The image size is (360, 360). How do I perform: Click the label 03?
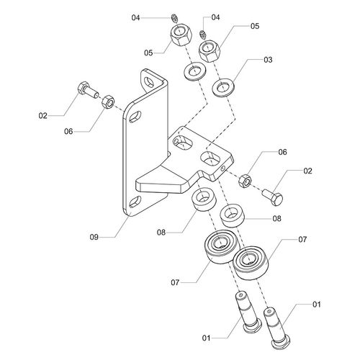[268, 60]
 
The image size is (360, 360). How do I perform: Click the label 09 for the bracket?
[94, 237]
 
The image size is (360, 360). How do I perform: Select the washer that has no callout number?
[194, 71]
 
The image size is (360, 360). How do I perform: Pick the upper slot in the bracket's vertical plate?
[135, 116]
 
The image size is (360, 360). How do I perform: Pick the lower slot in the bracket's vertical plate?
[135, 202]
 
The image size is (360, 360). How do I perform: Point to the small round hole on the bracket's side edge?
[223, 168]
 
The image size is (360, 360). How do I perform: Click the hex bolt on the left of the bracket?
[87, 90]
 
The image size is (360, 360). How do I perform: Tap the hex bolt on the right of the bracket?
[273, 197]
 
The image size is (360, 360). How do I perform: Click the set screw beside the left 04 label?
[175, 18]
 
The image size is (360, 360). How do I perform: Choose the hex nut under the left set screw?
[181, 35]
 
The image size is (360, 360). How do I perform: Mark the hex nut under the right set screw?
[209, 50]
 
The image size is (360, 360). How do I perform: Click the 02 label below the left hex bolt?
[43, 116]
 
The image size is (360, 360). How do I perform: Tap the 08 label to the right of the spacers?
[276, 219]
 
